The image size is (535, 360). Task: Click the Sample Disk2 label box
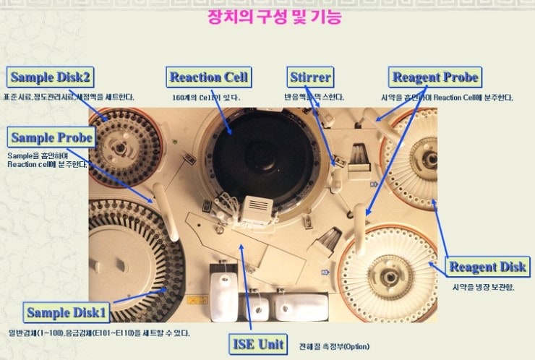coord(51,76)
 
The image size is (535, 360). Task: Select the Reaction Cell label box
coord(209,77)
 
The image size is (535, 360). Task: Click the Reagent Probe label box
coord(435,77)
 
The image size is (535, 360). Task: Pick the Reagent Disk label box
coord(487,266)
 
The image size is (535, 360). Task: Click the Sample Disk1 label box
coord(67,312)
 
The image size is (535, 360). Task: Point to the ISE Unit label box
coord(258,343)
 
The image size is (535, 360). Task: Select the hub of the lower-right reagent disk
coord(398,275)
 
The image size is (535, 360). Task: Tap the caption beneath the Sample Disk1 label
coord(99,333)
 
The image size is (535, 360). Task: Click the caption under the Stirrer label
coord(314,97)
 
